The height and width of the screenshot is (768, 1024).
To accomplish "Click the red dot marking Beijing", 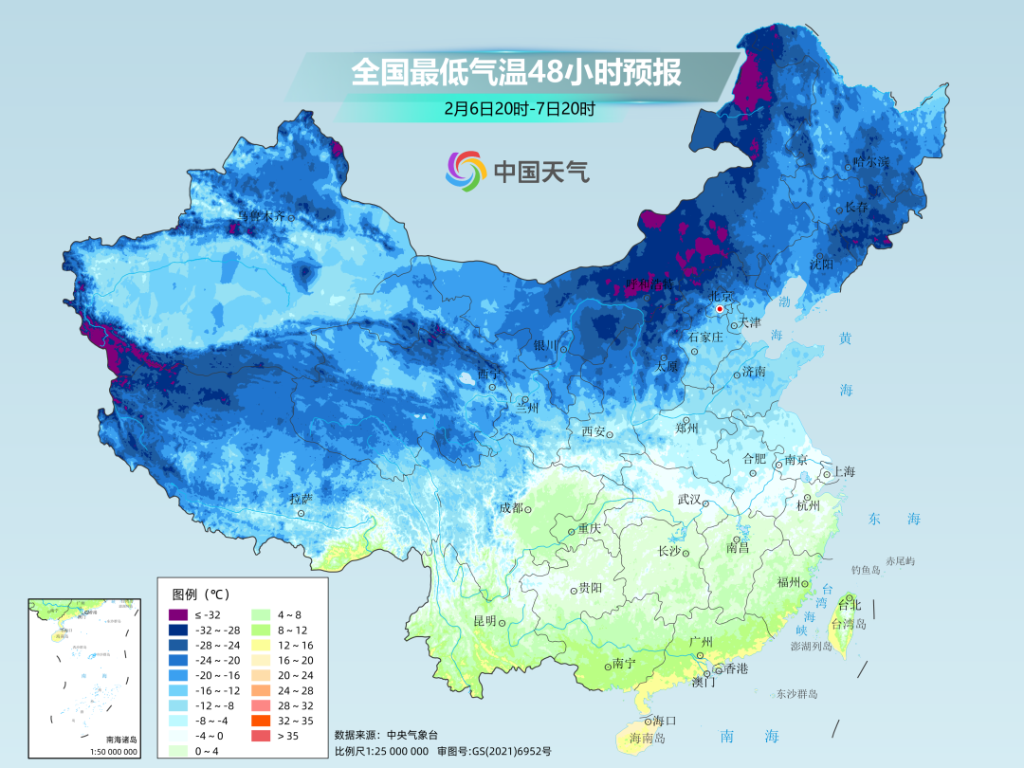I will click(720, 308).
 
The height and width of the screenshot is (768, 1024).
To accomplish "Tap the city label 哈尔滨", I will click(871, 162).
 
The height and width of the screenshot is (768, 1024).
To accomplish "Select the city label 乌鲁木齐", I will click(260, 216).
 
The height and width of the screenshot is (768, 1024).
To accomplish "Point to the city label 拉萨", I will click(301, 499).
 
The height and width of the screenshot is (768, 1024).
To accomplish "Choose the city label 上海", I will click(843, 472).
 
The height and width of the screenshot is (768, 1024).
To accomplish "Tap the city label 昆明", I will click(484, 621).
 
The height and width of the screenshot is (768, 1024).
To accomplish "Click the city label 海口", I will click(666, 721).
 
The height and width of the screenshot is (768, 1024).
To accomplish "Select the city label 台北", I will click(850, 604).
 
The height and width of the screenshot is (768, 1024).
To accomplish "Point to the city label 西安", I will click(594, 432).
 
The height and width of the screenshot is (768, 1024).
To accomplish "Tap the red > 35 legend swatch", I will click(259, 736).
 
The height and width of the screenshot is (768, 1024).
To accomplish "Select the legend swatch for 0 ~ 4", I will click(178, 751).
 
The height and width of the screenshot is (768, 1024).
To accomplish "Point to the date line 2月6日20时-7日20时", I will click(519, 108).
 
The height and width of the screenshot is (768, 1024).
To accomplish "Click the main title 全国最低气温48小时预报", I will click(516, 73).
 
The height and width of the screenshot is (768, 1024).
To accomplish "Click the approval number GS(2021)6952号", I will click(508, 751).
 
